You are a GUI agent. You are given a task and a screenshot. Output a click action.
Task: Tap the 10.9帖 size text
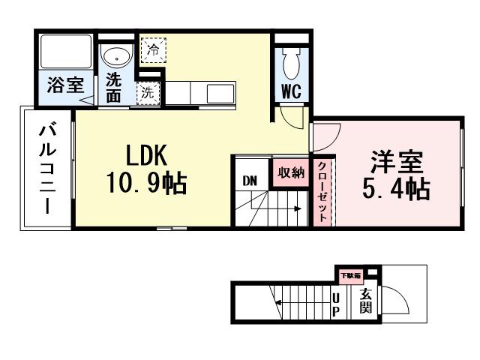[148, 182]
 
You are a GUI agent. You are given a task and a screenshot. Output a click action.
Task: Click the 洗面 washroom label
[114, 87]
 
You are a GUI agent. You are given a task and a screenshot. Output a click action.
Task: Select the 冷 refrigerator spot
[152, 50]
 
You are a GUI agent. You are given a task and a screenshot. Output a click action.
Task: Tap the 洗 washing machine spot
[148, 94]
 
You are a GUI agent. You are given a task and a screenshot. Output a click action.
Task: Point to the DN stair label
[249, 181]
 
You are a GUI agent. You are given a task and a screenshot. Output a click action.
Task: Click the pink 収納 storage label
[289, 172]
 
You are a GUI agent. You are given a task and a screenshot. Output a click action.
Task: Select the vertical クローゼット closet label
[322, 190]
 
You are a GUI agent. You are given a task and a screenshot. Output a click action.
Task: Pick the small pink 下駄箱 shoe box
[352, 275]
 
